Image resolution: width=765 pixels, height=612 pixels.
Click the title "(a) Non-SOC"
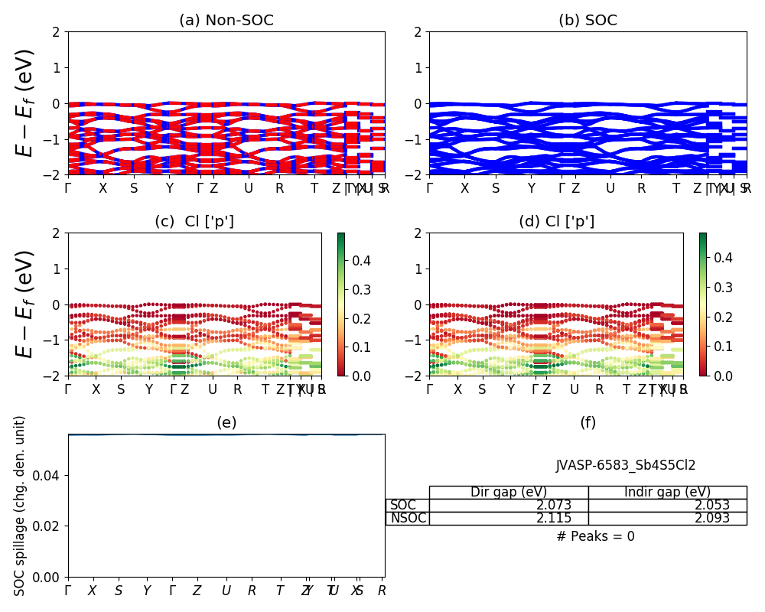point(226,21)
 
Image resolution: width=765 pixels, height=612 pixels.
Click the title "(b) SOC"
point(588,21)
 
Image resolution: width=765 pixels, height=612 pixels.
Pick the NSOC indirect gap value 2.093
point(711,519)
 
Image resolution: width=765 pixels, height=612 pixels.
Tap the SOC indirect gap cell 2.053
point(711,506)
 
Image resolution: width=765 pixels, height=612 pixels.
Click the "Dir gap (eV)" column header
point(509,493)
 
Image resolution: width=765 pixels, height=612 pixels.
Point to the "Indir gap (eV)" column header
point(667,493)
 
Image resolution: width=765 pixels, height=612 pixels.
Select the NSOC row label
point(408,519)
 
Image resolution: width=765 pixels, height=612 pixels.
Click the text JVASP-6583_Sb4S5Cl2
point(625,465)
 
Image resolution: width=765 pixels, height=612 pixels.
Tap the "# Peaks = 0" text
point(595,537)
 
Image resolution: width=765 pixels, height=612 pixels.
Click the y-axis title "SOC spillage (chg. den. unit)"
point(21,506)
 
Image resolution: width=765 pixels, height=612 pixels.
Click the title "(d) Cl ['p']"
point(556,222)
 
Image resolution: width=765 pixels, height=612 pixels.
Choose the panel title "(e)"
point(226,422)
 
